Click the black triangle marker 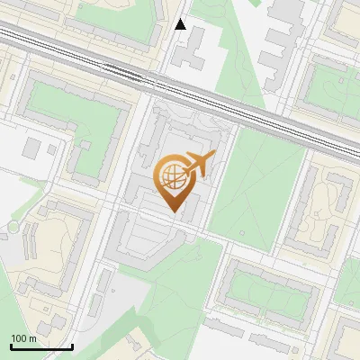click(x=180, y=24)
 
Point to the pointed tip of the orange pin click(x=174, y=211)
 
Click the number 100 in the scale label click(x=19, y=338)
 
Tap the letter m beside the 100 click(x=32, y=338)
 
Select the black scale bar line click(x=41, y=346)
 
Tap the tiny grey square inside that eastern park click(x=241, y=232)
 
